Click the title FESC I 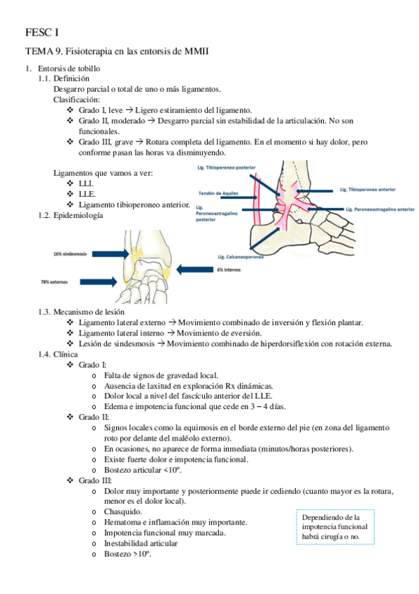42,33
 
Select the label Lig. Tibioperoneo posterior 226,167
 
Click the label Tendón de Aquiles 218,193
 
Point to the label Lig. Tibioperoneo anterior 367,189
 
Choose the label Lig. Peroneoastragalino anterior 380,209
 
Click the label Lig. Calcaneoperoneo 241,257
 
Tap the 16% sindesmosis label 70,254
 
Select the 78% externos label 54,282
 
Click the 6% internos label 229,270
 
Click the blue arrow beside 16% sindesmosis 111,254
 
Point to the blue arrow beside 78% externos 99,282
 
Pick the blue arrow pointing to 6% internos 194,270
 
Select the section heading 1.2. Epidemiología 71,215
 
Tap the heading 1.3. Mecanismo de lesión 81,312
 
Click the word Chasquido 123,511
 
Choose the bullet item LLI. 86,184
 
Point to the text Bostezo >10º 128,554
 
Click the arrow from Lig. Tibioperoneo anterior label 314,191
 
